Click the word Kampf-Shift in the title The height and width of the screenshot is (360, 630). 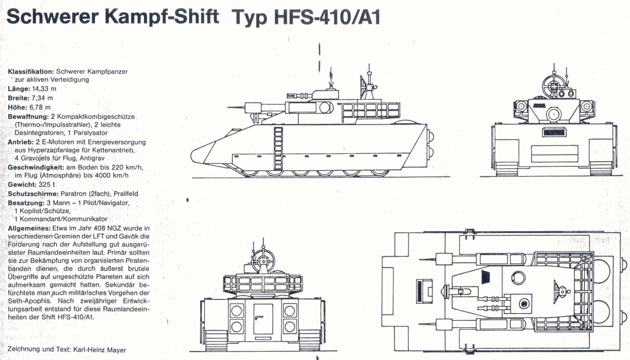(162, 16)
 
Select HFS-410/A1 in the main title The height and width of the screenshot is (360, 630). (327, 17)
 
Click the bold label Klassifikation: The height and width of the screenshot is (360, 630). (31, 71)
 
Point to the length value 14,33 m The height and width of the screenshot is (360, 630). (44, 89)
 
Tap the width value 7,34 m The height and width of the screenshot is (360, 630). (42, 98)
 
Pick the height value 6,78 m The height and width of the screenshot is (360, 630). (40, 107)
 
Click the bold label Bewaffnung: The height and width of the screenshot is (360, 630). (28, 117)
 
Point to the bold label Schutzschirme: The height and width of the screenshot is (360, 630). (33, 194)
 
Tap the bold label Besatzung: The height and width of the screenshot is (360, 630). (26, 203)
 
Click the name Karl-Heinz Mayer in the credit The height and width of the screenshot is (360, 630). (100, 350)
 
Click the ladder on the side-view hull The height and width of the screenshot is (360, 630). (278, 148)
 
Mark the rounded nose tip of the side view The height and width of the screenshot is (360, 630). (192, 155)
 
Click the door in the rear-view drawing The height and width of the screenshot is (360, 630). (263, 319)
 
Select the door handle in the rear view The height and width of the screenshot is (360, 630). (259, 317)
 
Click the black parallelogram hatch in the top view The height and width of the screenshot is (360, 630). (486, 277)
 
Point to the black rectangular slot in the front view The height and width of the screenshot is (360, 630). (554, 133)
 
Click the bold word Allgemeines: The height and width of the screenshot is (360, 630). (29, 229)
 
